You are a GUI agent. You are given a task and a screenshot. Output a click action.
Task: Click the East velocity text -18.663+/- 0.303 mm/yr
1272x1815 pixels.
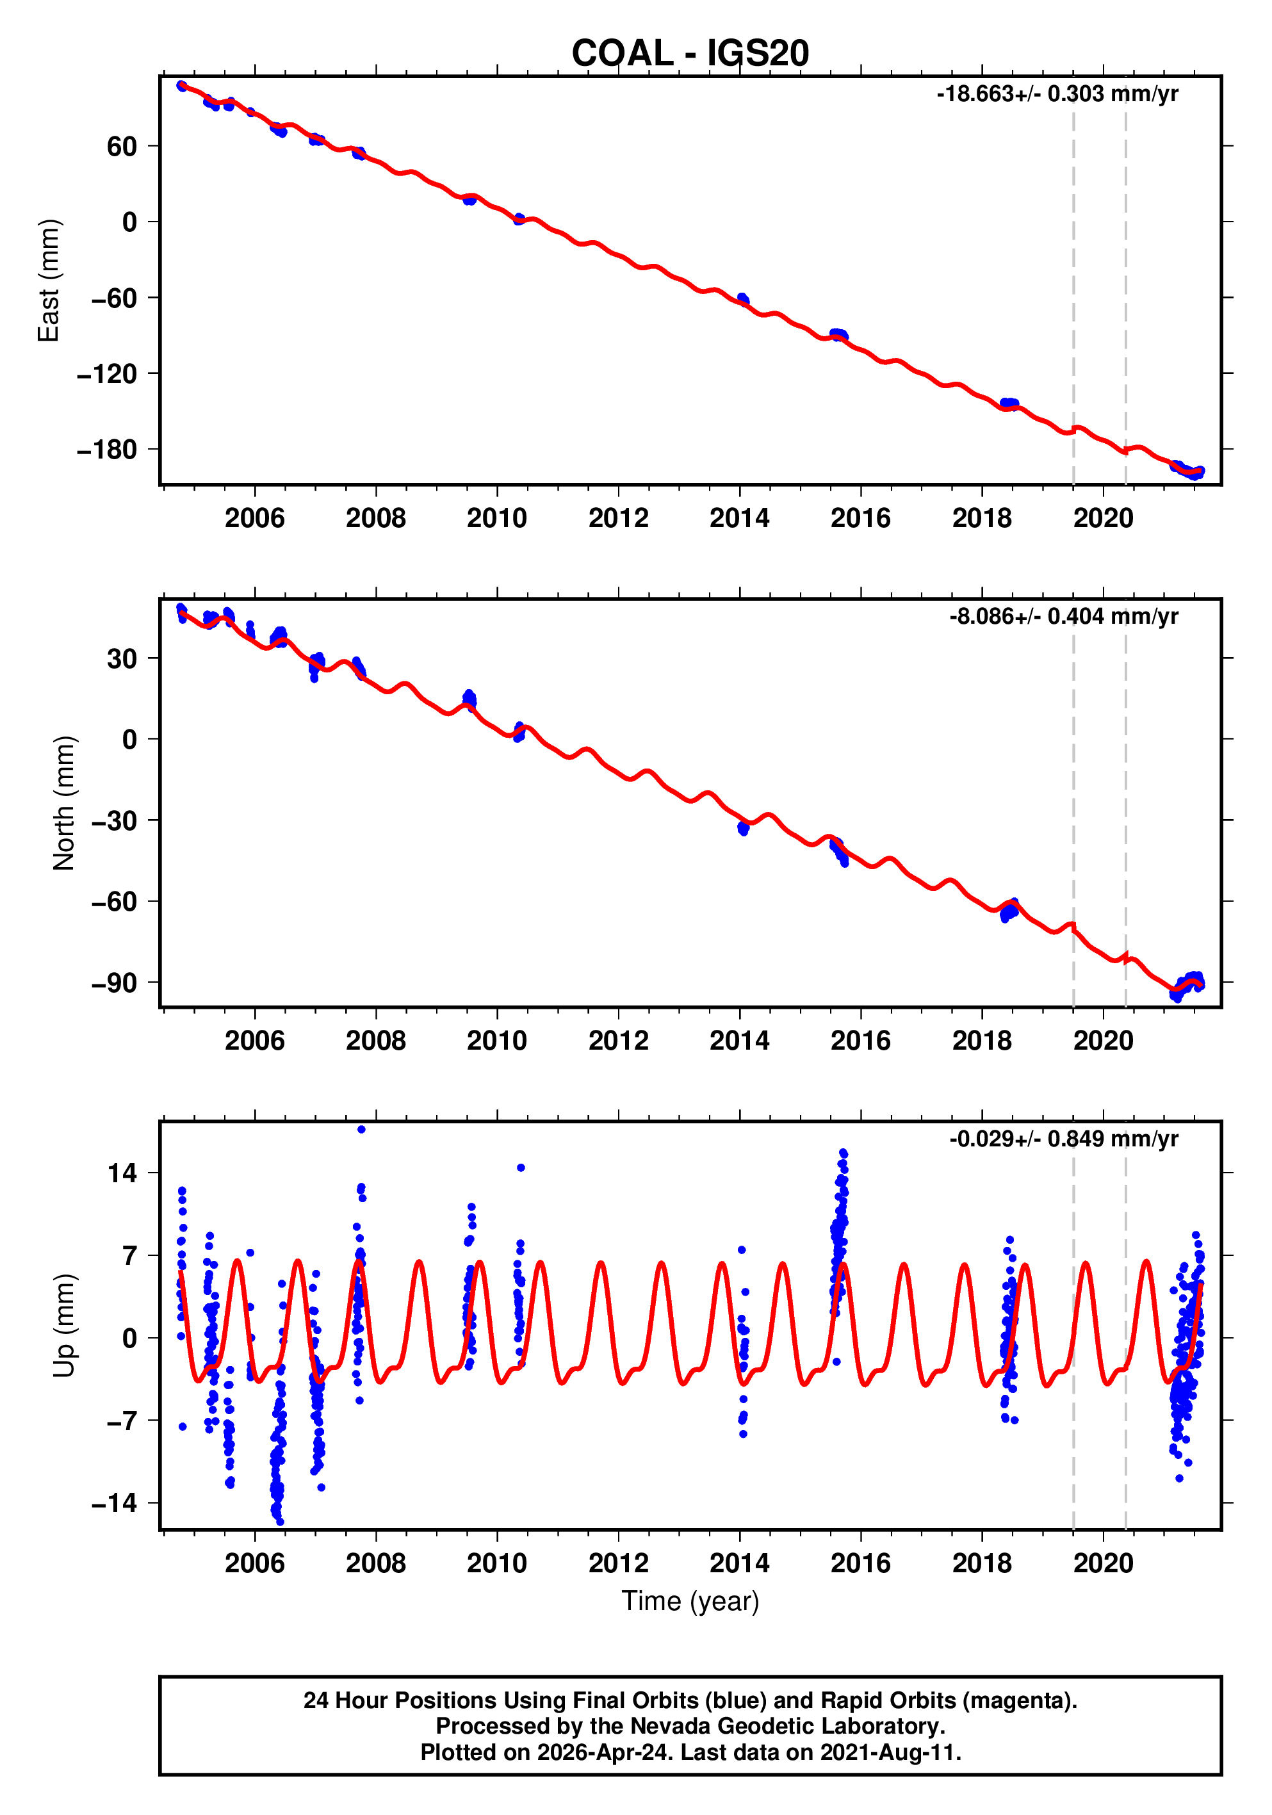(x=1056, y=94)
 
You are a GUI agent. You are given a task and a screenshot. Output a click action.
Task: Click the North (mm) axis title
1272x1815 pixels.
(x=63, y=802)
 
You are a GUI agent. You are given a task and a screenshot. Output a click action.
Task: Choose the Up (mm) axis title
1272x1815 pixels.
(x=63, y=1325)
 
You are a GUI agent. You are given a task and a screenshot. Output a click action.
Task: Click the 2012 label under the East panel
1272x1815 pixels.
(x=617, y=519)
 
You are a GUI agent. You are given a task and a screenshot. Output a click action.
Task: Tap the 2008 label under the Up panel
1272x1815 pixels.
(x=375, y=1563)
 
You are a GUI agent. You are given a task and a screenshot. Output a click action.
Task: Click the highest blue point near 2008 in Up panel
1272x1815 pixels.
(x=361, y=1130)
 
